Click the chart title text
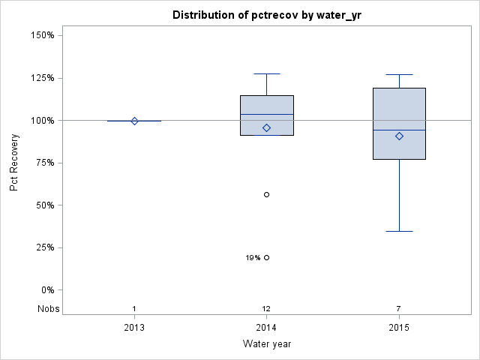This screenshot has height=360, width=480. pyautogui.click(x=266, y=15)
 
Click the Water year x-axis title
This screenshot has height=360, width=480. pyautogui.click(x=266, y=343)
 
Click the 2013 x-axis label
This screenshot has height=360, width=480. pyautogui.click(x=134, y=328)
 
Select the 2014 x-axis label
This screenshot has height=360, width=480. pyautogui.click(x=266, y=328)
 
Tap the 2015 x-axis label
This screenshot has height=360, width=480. pyautogui.click(x=399, y=328)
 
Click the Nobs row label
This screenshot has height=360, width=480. pyautogui.click(x=46, y=309)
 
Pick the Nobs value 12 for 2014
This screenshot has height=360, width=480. pyautogui.click(x=266, y=309)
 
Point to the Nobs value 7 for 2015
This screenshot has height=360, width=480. pyautogui.click(x=399, y=309)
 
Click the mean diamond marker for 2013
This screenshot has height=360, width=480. pyautogui.click(x=134, y=121)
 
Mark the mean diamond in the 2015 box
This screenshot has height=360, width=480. pyautogui.click(x=399, y=136)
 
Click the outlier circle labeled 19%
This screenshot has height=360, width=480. pyautogui.click(x=266, y=257)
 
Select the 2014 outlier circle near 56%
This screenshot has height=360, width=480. pyautogui.click(x=266, y=194)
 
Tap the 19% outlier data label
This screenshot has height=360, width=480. pyautogui.click(x=253, y=258)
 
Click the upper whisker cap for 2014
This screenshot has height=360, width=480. pyautogui.click(x=266, y=74)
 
